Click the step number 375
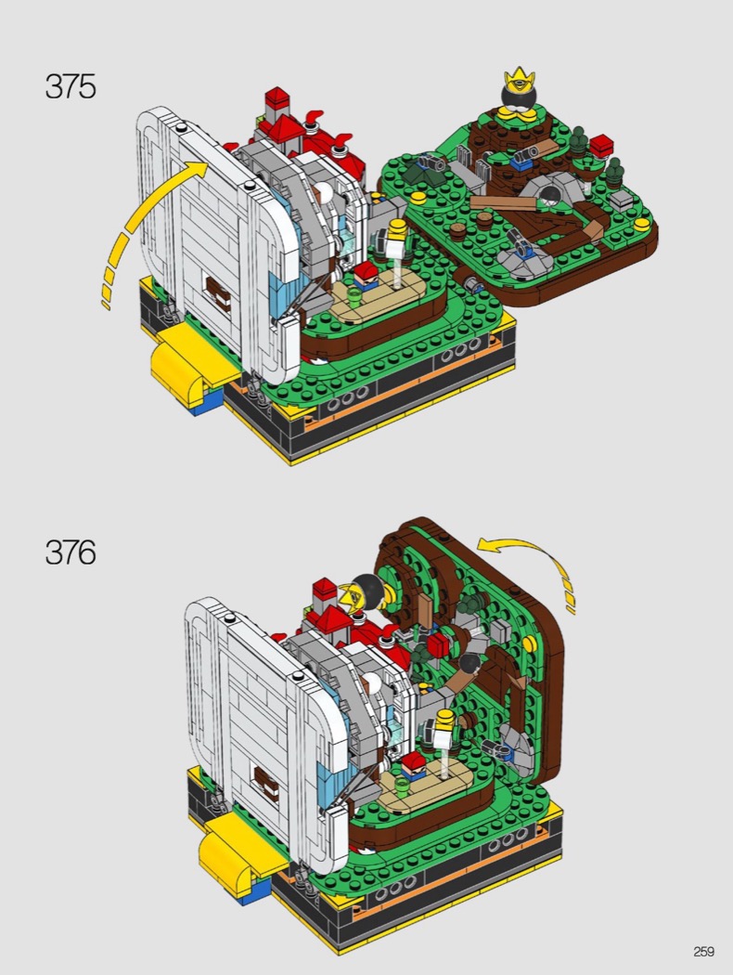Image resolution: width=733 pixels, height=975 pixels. [71, 86]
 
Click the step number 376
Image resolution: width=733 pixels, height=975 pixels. [71, 552]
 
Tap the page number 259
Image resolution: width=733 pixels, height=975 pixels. [704, 952]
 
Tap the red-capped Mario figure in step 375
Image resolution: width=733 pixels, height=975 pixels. [366, 276]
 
